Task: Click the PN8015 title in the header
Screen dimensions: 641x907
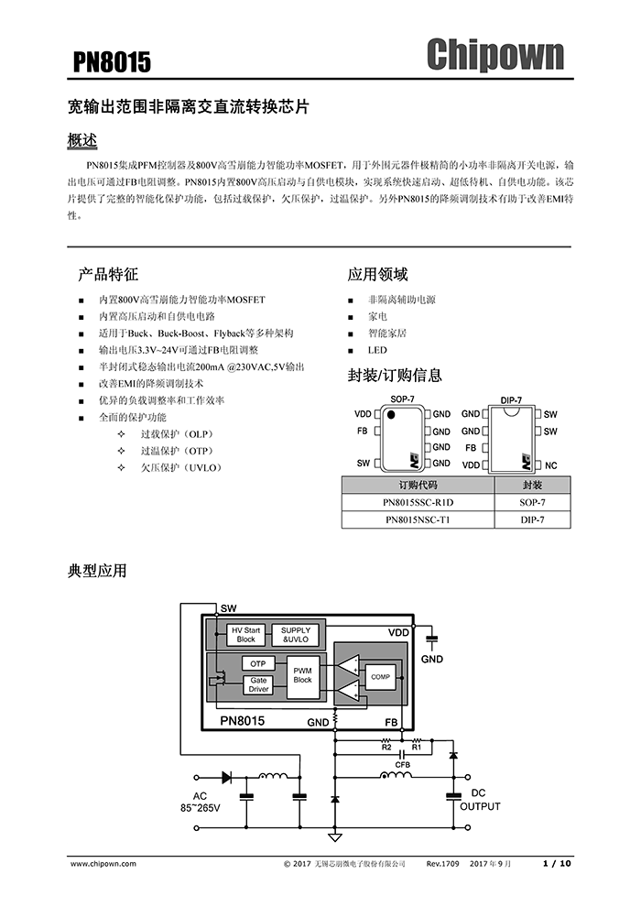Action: tap(112, 62)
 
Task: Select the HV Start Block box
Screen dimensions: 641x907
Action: tap(245, 635)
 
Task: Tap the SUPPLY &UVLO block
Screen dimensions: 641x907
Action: tap(296, 635)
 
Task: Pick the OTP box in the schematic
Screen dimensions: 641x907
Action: tap(258, 663)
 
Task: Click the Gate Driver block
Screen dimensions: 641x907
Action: tap(258, 684)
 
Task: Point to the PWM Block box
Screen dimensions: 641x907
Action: tap(303, 675)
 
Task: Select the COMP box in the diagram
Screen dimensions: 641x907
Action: tap(380, 676)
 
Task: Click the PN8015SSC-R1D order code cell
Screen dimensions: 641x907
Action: tap(418, 502)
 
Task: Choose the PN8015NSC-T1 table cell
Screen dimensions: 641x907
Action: tap(418, 519)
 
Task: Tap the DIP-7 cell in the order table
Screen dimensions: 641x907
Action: tap(532, 519)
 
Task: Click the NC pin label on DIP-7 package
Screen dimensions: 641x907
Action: tap(551, 465)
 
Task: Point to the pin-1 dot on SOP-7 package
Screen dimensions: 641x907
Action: tap(391, 415)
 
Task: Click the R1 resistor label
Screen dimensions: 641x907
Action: tap(416, 748)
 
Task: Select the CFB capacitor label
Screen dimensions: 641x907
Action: tap(402, 764)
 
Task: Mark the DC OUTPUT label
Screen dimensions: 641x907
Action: tap(480, 800)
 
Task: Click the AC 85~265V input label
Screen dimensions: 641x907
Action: tap(200, 802)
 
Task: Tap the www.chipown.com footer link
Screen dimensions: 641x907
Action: tap(103, 864)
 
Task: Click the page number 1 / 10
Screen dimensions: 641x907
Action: tap(557, 864)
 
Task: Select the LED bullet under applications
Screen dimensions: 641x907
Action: tap(377, 350)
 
